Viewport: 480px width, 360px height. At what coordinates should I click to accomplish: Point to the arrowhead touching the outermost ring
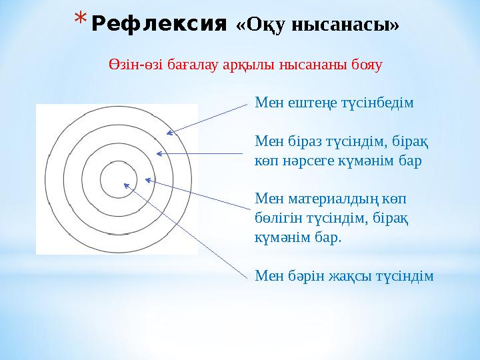pyautogui.click(x=170, y=133)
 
